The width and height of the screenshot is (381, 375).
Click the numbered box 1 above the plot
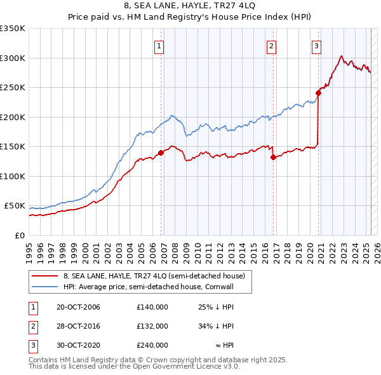[158, 45]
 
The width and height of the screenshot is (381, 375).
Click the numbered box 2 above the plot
[271, 45]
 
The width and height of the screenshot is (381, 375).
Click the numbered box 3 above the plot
[316, 45]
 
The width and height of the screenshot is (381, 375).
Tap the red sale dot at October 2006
[161, 153]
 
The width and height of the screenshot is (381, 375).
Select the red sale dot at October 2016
[273, 157]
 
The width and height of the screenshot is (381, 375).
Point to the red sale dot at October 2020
[318, 93]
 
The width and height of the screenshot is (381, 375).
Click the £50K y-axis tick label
[15, 206]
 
